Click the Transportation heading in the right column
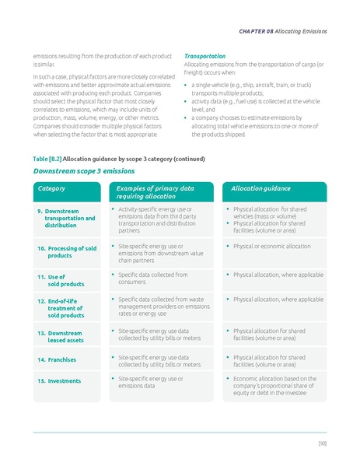204,56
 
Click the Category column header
52,189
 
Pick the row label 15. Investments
59,381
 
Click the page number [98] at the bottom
321,443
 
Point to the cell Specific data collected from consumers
152,279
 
